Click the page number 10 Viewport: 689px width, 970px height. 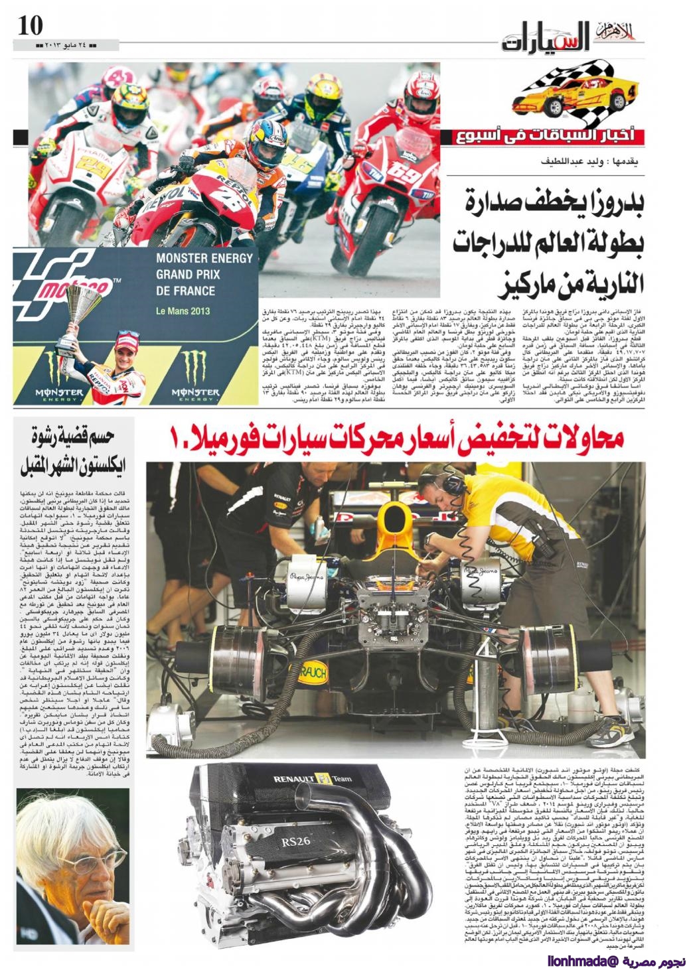pos(30,25)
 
